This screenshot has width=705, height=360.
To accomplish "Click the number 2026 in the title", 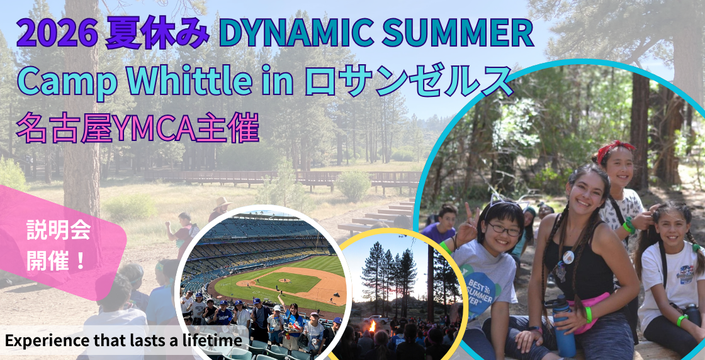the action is pos(57,35).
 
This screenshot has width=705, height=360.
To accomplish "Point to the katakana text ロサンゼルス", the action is pos(409,81).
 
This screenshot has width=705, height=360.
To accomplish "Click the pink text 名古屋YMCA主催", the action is pos(137,128).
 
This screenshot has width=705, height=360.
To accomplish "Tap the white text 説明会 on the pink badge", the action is pos(59,230).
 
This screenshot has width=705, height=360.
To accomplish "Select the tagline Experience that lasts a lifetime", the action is pos(123,340).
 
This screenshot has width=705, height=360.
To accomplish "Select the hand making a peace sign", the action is pos(468,224).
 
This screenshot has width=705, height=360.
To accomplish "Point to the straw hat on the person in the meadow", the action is pos(223,202).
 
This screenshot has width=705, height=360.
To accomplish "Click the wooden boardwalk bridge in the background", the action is pos(279,177).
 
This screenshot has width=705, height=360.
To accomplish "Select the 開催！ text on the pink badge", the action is pos(56,261).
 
